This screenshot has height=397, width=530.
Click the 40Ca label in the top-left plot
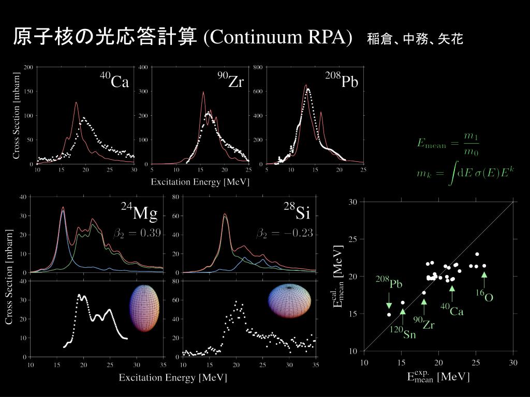pos(114,81)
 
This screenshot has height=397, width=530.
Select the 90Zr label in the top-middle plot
pos(230,81)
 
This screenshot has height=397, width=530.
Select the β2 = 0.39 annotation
pos(137,233)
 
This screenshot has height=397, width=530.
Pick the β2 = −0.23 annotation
pos(285,233)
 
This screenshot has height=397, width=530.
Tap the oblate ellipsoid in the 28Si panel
pos(289,301)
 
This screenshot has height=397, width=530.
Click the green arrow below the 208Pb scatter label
pos(389,302)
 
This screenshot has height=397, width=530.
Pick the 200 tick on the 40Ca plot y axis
pos(28,67)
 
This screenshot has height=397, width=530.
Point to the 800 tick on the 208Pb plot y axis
pos(257,67)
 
